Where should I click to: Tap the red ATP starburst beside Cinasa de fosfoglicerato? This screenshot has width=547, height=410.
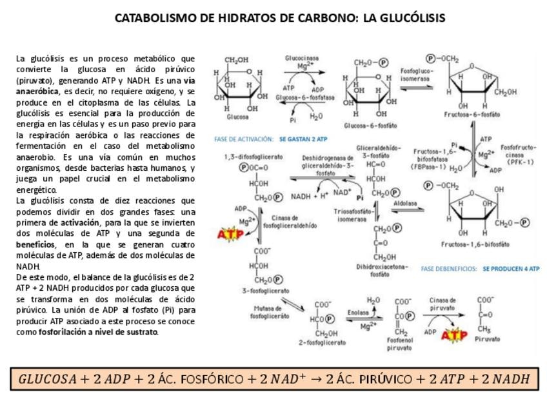231,234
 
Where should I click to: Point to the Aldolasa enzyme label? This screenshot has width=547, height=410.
405,202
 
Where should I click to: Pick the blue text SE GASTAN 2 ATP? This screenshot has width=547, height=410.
303,139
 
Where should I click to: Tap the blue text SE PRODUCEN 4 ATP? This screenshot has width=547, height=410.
511,269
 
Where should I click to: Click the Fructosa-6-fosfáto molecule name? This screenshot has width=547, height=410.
472,114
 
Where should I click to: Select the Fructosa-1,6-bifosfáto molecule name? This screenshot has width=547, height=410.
475,244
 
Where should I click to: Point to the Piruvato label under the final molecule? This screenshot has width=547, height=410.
487,338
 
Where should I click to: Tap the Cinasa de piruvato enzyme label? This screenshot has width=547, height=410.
443,304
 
